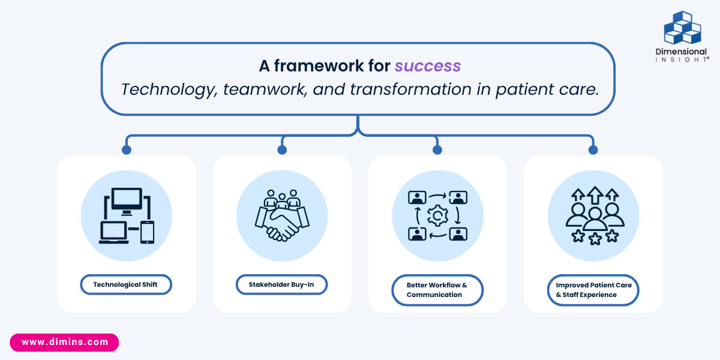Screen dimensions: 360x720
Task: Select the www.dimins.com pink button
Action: click(65, 342)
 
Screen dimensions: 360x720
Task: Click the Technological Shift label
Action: click(126, 284)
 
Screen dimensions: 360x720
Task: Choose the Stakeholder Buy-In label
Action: click(281, 284)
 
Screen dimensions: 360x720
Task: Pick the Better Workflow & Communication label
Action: click(437, 290)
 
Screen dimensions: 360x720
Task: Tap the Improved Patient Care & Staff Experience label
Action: click(593, 290)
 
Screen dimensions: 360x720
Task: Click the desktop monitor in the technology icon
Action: click(127, 200)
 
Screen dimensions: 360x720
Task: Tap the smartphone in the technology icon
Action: click(147, 232)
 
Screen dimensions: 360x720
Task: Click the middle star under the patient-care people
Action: click(595, 239)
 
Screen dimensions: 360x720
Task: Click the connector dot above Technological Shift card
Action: click(126, 149)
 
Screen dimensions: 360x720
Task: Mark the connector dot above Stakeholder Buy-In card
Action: click(282, 149)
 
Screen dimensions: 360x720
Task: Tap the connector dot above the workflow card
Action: click(437, 149)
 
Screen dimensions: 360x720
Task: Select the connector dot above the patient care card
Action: click(593, 149)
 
